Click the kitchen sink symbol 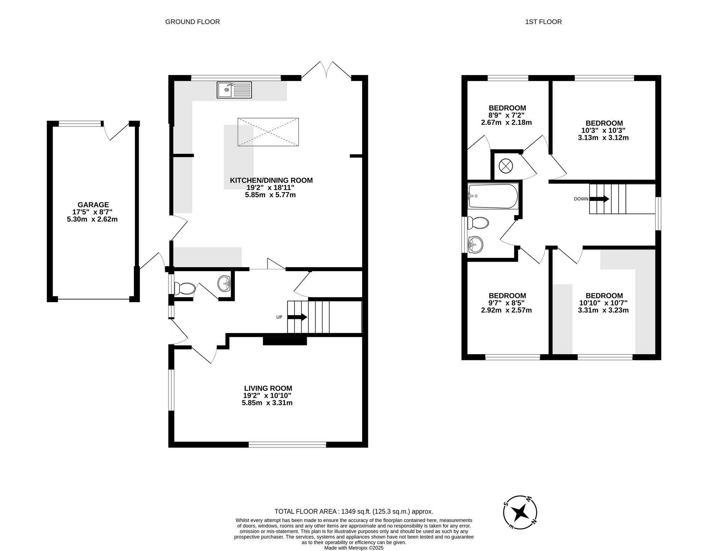[234, 90]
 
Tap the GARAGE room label [93, 205]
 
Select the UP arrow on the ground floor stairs [297, 317]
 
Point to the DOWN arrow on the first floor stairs [599, 199]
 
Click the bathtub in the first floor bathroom [493, 196]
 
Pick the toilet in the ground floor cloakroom [185, 289]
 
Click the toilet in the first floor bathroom [478, 223]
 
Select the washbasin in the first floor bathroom [475, 244]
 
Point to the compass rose [520, 512]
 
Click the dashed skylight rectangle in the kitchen [268, 132]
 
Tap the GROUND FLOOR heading [193, 22]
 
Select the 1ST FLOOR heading [543, 22]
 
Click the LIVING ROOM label [268, 388]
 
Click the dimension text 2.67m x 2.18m [506, 123]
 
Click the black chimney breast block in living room [285, 341]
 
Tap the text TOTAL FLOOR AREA [307, 511]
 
